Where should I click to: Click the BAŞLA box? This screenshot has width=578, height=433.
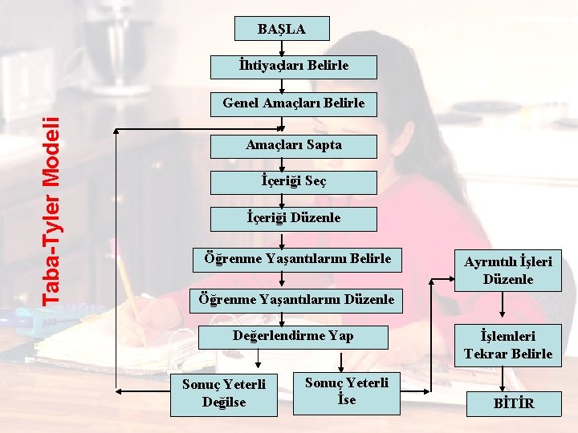click(x=282, y=29)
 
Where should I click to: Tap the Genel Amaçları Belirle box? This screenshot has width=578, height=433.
click(x=294, y=103)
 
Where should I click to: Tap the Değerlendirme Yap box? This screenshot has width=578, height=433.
click(x=293, y=335)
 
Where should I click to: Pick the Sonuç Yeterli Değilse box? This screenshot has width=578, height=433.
click(x=224, y=393)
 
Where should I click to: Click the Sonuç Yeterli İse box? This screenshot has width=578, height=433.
click(x=347, y=391)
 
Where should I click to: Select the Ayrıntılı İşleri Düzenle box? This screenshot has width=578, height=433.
click(x=508, y=270)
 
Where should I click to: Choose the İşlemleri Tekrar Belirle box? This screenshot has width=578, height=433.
click(x=508, y=345)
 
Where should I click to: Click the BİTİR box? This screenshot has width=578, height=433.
click(x=514, y=403)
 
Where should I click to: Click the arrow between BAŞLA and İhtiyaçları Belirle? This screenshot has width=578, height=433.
click(x=282, y=48)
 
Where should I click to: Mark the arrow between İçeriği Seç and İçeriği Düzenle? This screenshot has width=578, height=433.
click(x=282, y=200)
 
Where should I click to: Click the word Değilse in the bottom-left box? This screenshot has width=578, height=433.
click(x=224, y=401)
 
